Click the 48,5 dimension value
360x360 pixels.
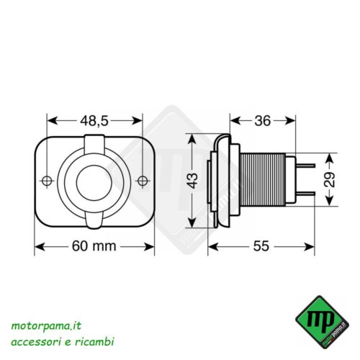click(x=94, y=121)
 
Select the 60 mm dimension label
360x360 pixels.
click(x=94, y=246)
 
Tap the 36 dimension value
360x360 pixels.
click(x=264, y=121)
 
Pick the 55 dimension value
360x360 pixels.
click(x=261, y=246)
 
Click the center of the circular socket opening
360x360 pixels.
click(x=95, y=180)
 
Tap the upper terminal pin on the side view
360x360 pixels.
click(x=307, y=165)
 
